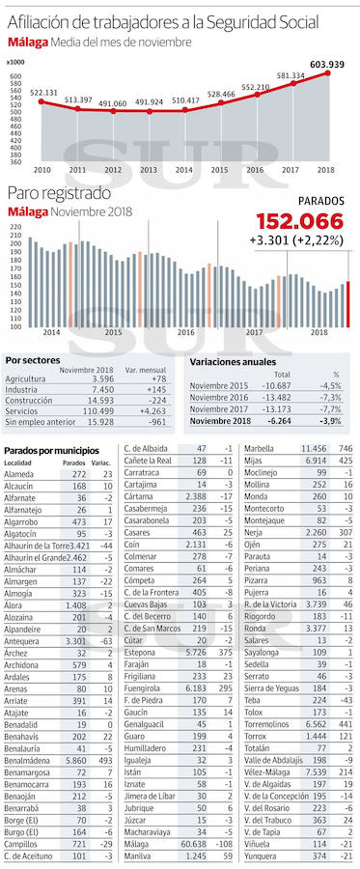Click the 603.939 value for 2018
coord(326,65)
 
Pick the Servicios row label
coord(22,411)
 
